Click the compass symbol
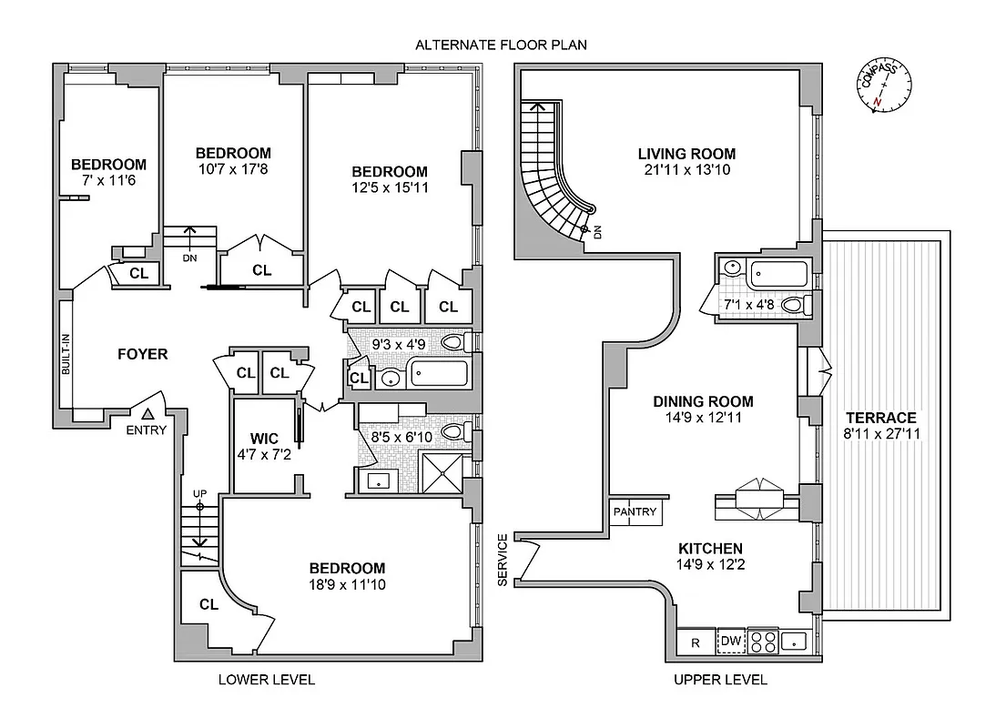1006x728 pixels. coord(882,87)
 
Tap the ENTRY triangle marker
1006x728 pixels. coord(147,414)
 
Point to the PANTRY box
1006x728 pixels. coord(635,512)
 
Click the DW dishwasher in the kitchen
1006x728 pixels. coord(730,642)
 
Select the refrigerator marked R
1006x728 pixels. coord(696,642)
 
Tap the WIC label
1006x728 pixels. coord(263,439)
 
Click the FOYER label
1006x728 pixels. coord(142,354)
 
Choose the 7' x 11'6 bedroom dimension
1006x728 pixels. coord(108,181)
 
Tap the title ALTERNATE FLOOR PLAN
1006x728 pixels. coord(501,45)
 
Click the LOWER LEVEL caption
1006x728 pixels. coord(266,680)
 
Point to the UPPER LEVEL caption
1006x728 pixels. coord(720,680)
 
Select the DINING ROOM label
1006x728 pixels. coord(703,401)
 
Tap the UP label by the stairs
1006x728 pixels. coord(199,493)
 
